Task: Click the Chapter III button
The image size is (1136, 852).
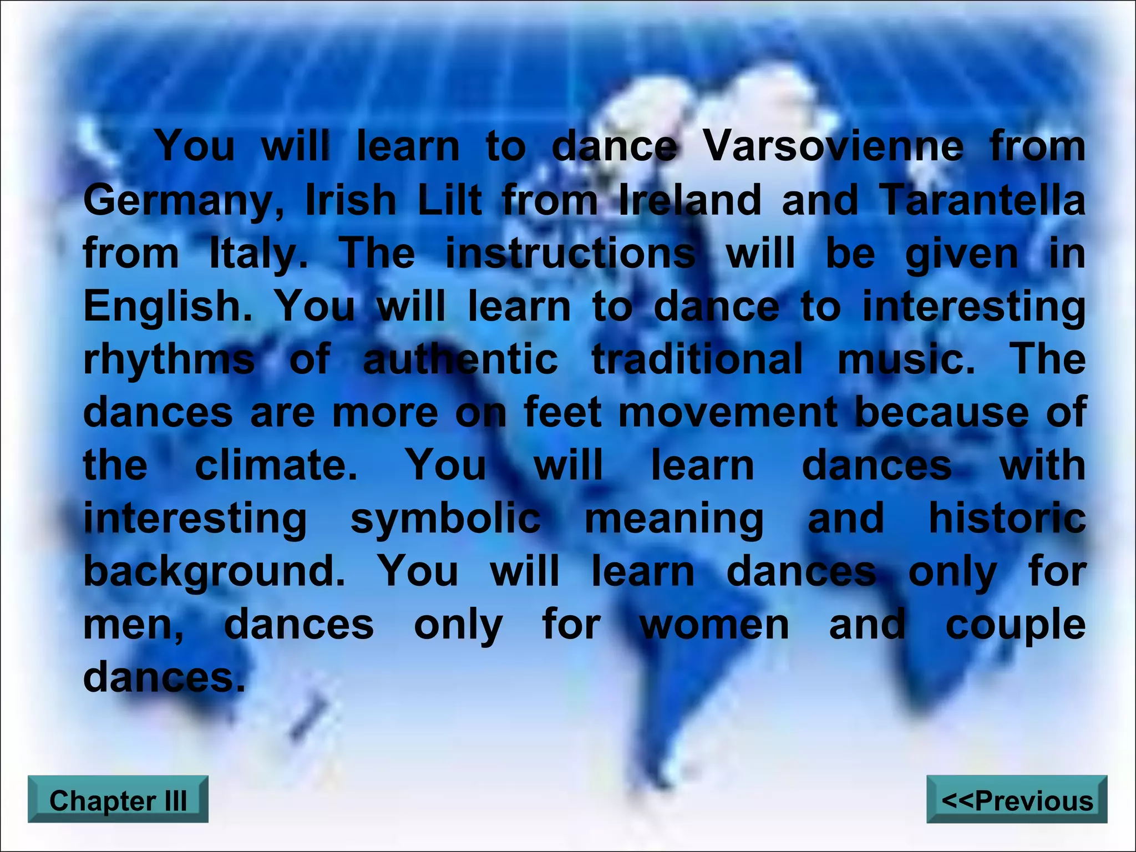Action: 118,800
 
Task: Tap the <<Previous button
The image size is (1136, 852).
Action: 1017,800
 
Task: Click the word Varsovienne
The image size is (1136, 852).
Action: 834,146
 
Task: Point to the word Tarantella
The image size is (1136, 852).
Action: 982,200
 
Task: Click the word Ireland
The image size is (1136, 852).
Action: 690,200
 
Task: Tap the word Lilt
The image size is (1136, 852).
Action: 449,200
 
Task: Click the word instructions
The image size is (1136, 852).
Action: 571,253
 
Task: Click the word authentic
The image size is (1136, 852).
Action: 460,358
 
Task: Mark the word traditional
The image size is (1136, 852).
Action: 697,358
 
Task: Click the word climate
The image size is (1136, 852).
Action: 276,465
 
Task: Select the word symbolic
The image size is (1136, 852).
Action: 445,519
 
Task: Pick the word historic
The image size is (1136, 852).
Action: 1007,518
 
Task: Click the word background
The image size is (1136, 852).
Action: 214,571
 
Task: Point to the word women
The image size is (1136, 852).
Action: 714,625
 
